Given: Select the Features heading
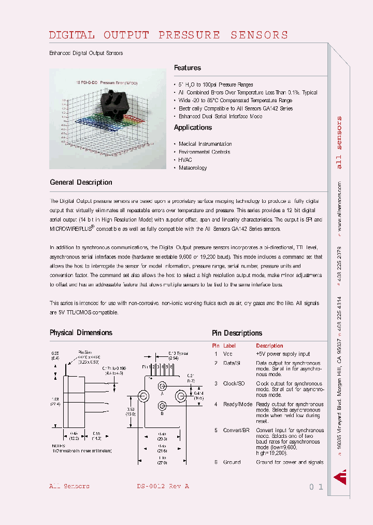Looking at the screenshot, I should point(187,68).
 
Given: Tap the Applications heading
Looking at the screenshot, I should point(193,128).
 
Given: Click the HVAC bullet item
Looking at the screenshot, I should point(185,160).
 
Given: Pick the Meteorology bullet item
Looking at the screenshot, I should point(193,168).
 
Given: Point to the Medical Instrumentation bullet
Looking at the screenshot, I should point(205,144).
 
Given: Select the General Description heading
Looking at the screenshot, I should point(81,183).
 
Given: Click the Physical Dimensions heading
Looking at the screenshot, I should point(81,333).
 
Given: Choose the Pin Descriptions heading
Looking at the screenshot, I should point(237,333).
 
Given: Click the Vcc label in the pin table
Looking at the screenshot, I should point(228,354).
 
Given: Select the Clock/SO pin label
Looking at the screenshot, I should point(234,384).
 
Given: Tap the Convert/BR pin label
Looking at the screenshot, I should point(236,430).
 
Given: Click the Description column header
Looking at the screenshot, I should point(269,346).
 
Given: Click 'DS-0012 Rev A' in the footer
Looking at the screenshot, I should point(163,487).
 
